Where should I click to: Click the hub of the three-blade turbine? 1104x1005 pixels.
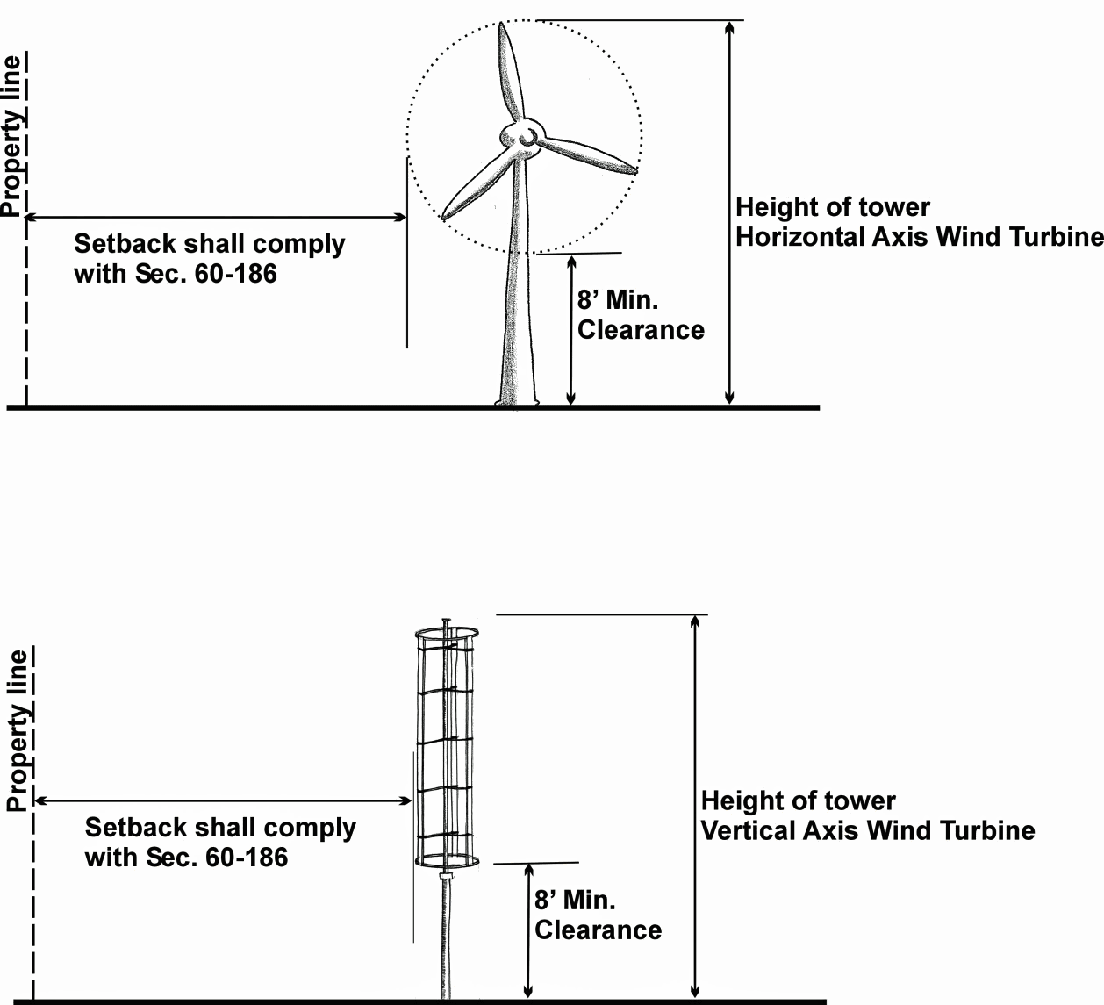point(519,137)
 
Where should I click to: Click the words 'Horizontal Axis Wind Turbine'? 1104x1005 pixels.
point(919,237)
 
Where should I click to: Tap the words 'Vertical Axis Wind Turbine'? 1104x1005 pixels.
point(868,830)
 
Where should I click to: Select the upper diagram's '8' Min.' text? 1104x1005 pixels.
point(618,300)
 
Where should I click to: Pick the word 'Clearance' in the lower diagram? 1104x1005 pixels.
point(598,930)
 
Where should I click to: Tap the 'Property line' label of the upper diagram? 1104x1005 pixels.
point(11,136)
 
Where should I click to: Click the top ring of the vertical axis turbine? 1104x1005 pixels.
point(447,632)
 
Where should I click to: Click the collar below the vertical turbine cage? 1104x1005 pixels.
point(446,876)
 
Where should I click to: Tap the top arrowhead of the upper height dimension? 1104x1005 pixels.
point(728,27)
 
